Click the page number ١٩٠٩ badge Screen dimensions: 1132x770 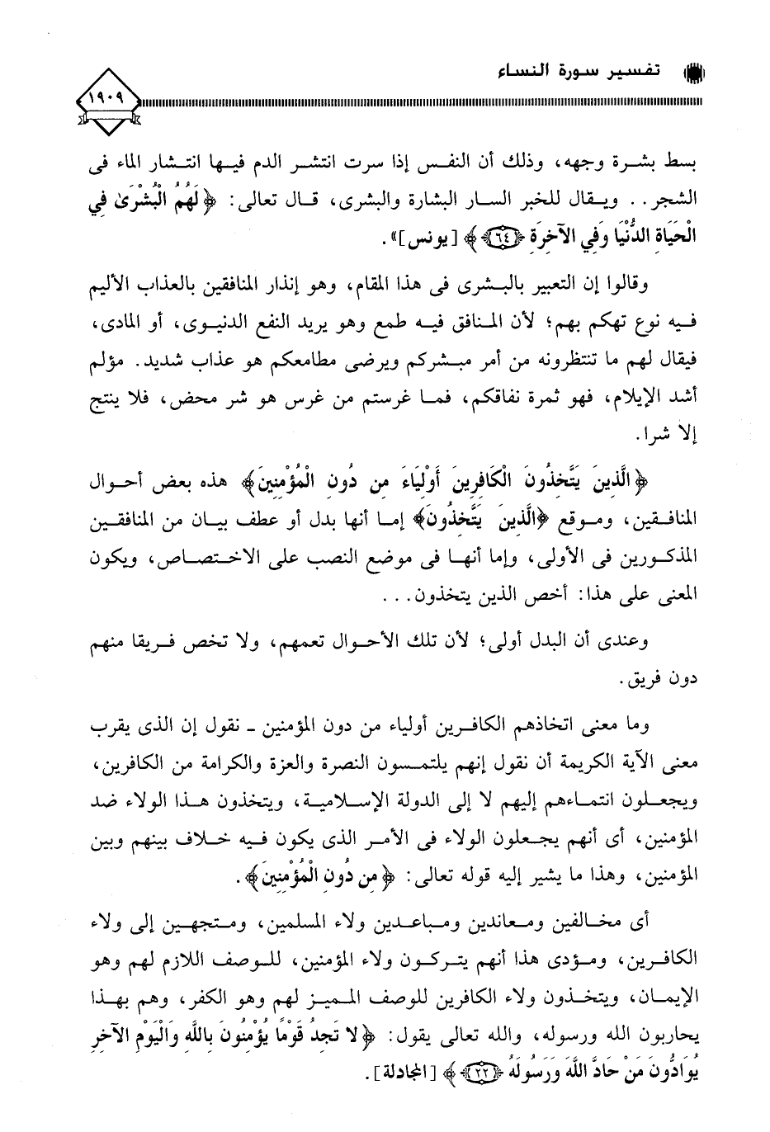click(111, 103)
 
